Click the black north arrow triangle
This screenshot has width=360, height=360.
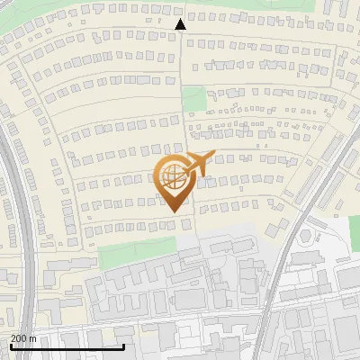pyautogui.click(x=180, y=25)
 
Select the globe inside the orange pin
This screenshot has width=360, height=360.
pyautogui.click(x=172, y=176)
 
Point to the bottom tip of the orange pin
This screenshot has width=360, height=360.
pyautogui.click(x=173, y=212)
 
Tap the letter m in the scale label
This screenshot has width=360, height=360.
pyautogui.click(x=33, y=338)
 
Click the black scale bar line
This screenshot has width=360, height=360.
pyautogui.click(x=67, y=346)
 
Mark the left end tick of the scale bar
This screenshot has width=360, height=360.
pyautogui.click(x=11, y=345)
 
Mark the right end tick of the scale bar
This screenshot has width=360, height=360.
pyautogui.click(x=124, y=345)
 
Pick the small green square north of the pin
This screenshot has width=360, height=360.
pyautogui.click(x=193, y=98)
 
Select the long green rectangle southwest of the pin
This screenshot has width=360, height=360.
pyautogui.click(x=136, y=256)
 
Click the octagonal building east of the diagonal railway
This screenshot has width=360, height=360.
pyautogui.click(x=305, y=236)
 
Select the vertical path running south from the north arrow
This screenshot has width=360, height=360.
pyautogui.click(x=183, y=72)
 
